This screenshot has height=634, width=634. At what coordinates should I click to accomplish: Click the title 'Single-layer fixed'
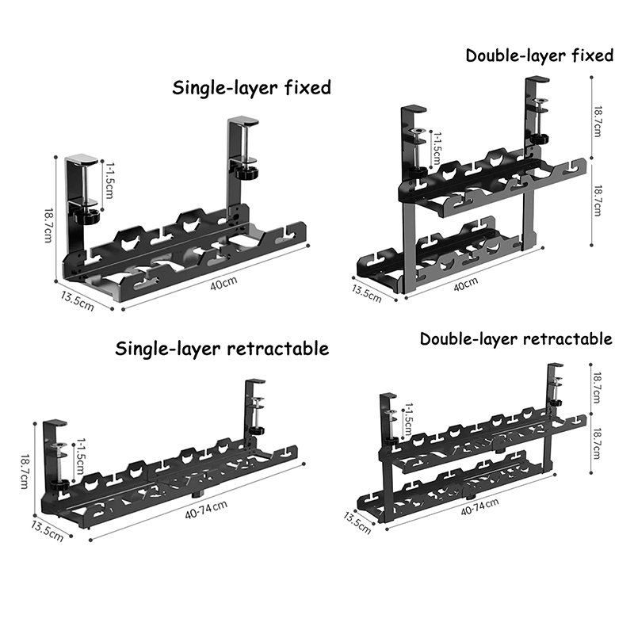[x=251, y=87]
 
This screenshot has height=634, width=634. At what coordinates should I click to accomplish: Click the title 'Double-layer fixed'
[x=539, y=55]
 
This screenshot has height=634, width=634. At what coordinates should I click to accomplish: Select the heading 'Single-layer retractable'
[x=222, y=349]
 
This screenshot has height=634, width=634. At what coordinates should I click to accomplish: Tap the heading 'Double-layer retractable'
[x=516, y=339]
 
